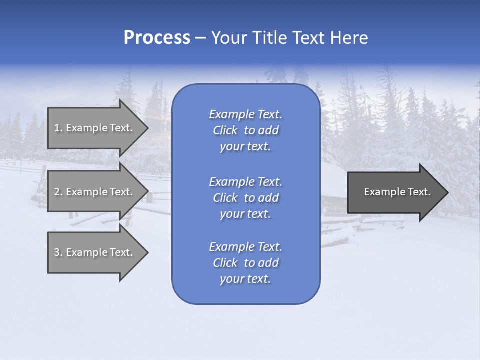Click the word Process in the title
pyautogui.click(x=157, y=38)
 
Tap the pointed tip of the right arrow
pyautogui.click(x=447, y=192)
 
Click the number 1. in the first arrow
pyautogui.click(x=58, y=128)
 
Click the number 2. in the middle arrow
pyautogui.click(x=58, y=192)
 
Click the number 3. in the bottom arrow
pyautogui.click(x=58, y=252)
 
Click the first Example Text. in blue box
pyautogui.click(x=245, y=114)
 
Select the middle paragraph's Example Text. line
pyautogui.click(x=245, y=181)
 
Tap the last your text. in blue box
pyautogui.click(x=245, y=279)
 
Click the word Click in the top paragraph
pyautogui.click(x=225, y=130)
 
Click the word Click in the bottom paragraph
pyautogui.click(x=225, y=263)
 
